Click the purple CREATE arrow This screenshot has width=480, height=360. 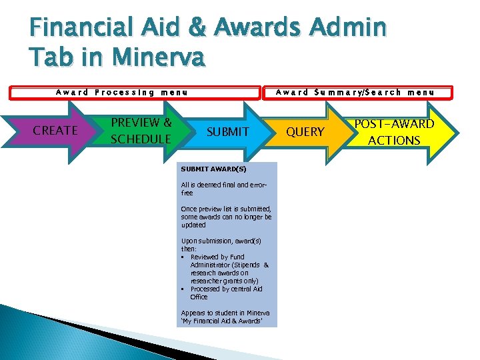click(x=55, y=131)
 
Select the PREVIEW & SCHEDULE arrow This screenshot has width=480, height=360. click(x=141, y=131)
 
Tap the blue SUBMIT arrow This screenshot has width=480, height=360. click(x=227, y=132)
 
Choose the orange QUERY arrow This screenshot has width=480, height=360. click(x=305, y=132)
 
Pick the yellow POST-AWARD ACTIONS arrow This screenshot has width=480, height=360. click(x=393, y=132)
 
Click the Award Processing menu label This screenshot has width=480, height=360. click(x=121, y=93)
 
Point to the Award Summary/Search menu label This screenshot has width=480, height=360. click(x=355, y=93)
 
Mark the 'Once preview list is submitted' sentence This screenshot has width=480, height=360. click(x=226, y=209)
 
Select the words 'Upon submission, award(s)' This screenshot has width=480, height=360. click(x=221, y=241)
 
